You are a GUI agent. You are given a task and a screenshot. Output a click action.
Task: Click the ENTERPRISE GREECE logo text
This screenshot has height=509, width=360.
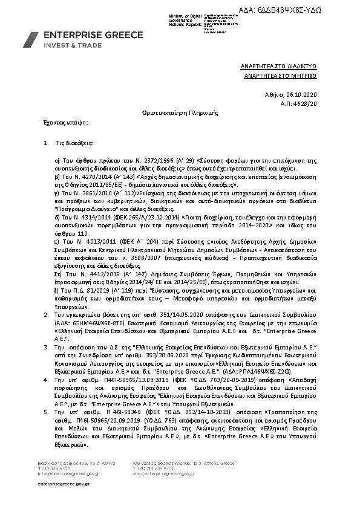[x=84, y=36]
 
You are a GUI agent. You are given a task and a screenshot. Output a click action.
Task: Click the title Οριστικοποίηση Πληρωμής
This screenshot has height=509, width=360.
[x=180, y=113]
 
